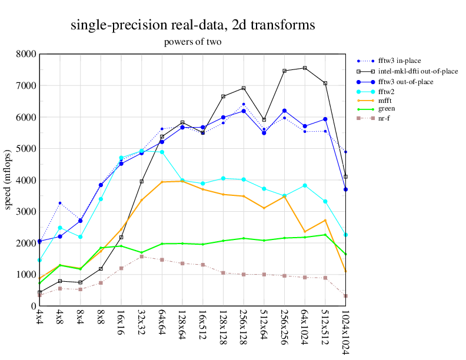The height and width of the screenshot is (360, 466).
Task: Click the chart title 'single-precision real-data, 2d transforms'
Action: click(x=192, y=25)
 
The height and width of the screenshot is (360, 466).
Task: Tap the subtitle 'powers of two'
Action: click(x=192, y=42)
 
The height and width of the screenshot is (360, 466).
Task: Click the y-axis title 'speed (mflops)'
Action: click(x=8, y=180)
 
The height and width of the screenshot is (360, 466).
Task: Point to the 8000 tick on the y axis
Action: click(x=26, y=54)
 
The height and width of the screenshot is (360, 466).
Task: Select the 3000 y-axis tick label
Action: click(x=26, y=212)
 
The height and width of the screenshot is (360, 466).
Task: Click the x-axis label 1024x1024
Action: click(x=346, y=332)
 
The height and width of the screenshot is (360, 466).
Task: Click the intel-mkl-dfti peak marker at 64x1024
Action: click(x=305, y=68)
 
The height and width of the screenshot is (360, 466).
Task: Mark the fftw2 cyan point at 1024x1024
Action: click(x=346, y=235)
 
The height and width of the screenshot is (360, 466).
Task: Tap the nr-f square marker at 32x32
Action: click(x=142, y=256)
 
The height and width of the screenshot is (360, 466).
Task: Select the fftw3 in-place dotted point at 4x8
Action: click(x=60, y=203)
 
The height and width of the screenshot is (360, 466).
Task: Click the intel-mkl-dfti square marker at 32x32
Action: click(x=142, y=181)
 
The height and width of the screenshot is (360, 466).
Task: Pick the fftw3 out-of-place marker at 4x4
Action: click(x=39, y=241)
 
